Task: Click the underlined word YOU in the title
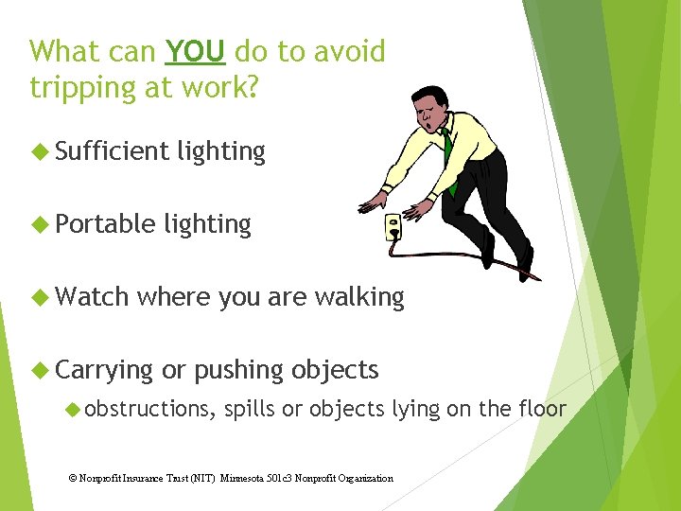195,51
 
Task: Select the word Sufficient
112,151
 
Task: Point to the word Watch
92,297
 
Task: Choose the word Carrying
104,370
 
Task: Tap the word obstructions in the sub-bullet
149,409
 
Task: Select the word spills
250,409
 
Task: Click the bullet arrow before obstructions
73,409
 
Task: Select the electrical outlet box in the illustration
392,227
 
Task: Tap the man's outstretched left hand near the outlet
371,202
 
